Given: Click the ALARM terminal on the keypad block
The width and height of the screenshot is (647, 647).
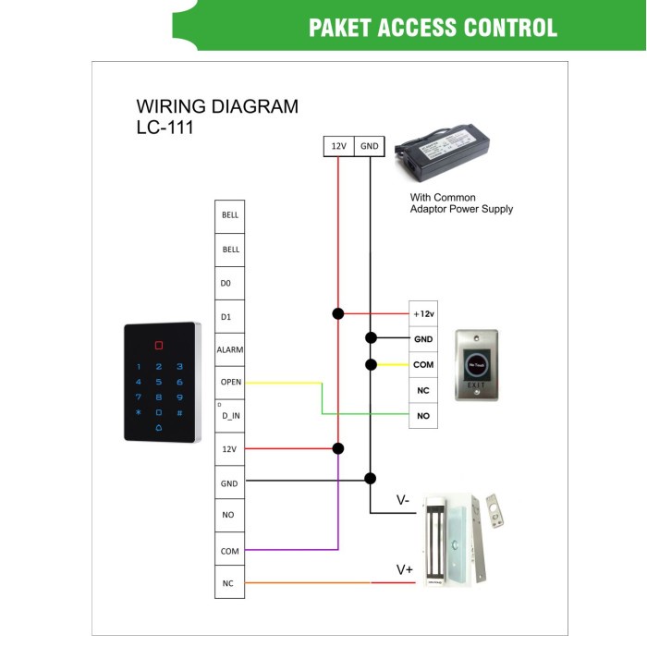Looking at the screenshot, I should (230, 350).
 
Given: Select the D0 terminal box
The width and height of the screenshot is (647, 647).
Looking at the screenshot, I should (230, 283).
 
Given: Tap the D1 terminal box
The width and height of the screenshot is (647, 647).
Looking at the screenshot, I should (230, 316).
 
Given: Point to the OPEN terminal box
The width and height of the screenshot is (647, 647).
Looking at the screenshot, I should (230, 382).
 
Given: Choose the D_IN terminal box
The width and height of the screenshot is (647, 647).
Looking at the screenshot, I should (230, 416).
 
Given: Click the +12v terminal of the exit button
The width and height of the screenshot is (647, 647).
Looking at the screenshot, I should (423, 314).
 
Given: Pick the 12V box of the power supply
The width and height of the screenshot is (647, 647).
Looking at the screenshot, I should (338, 145).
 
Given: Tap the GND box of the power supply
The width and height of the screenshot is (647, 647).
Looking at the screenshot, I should (369, 145).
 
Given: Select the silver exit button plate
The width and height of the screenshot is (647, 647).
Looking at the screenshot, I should (475, 364).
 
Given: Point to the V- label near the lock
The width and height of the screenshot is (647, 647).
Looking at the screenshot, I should (404, 501).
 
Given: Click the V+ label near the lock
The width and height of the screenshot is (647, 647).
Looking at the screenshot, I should (405, 569).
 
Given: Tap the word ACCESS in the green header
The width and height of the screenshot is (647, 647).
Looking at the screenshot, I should (433, 27).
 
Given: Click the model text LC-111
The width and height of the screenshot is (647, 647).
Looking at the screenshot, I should (165, 128).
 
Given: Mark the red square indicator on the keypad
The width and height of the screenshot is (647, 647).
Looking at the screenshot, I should (159, 346).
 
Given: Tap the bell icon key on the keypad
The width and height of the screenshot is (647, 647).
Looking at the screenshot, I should (158, 428).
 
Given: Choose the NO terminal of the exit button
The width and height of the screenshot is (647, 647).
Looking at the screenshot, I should (423, 416).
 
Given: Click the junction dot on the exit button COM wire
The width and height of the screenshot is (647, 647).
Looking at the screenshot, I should (370, 364).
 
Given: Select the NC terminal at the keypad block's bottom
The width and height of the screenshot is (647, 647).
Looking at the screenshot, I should (230, 583).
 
